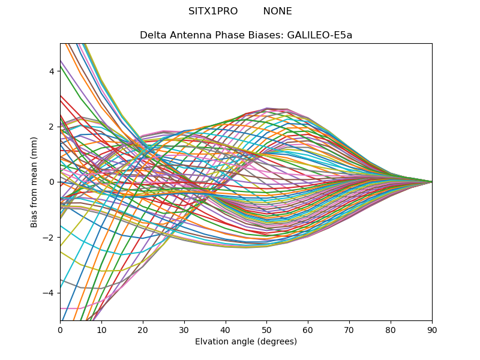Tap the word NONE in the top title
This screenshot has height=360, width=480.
277,11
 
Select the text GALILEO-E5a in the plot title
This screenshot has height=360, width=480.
320,35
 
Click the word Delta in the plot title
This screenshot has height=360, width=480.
152,35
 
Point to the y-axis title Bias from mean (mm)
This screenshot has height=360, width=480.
35,182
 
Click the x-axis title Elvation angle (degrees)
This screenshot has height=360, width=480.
246,342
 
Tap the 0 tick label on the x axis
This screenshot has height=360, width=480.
60,329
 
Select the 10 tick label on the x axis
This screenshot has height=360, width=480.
101,329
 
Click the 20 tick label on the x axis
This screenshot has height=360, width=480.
143,329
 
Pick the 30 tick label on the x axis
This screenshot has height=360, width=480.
184,329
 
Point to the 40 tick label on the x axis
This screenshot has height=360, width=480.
226,329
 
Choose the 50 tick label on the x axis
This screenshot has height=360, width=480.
266,329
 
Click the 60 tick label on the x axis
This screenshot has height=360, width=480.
308,329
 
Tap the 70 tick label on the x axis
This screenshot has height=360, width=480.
349,329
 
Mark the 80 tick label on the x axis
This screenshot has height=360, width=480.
391,329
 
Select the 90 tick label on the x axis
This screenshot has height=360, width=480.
432,329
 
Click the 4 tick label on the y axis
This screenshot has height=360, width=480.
52,71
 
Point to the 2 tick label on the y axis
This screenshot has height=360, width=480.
52,127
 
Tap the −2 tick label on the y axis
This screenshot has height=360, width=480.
49,238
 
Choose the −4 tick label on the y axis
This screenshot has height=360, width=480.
49,293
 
